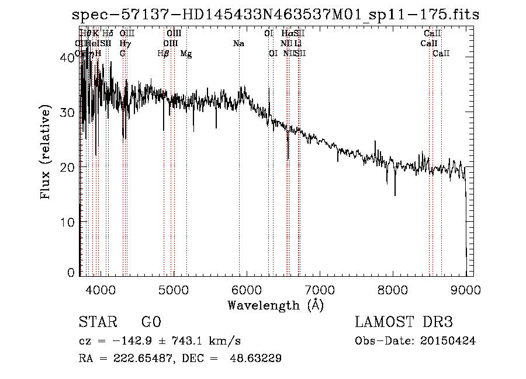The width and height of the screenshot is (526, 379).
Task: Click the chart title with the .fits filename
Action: [275, 15]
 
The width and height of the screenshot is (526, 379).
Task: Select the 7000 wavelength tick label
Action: [319, 290]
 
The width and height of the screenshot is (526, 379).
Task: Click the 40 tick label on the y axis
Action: [68, 58]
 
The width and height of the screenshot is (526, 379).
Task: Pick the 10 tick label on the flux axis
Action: [68, 222]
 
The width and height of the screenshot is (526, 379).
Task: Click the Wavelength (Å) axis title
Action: [275, 305]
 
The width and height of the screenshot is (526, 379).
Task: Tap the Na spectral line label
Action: [238, 44]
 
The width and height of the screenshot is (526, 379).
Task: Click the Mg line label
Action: [186, 54]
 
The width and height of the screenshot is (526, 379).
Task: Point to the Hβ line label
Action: [164, 54]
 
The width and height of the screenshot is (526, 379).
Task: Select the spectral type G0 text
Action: [151, 322]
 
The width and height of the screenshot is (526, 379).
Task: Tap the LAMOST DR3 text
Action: [404, 322]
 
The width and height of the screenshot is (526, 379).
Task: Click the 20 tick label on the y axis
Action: [68, 167]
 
